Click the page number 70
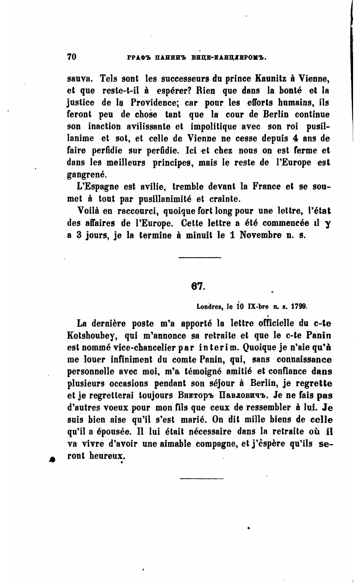[72, 57]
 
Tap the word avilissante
[148, 127]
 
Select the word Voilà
[88, 211]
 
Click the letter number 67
[198, 286]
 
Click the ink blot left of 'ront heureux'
[52, 460]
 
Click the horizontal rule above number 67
[199, 258]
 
